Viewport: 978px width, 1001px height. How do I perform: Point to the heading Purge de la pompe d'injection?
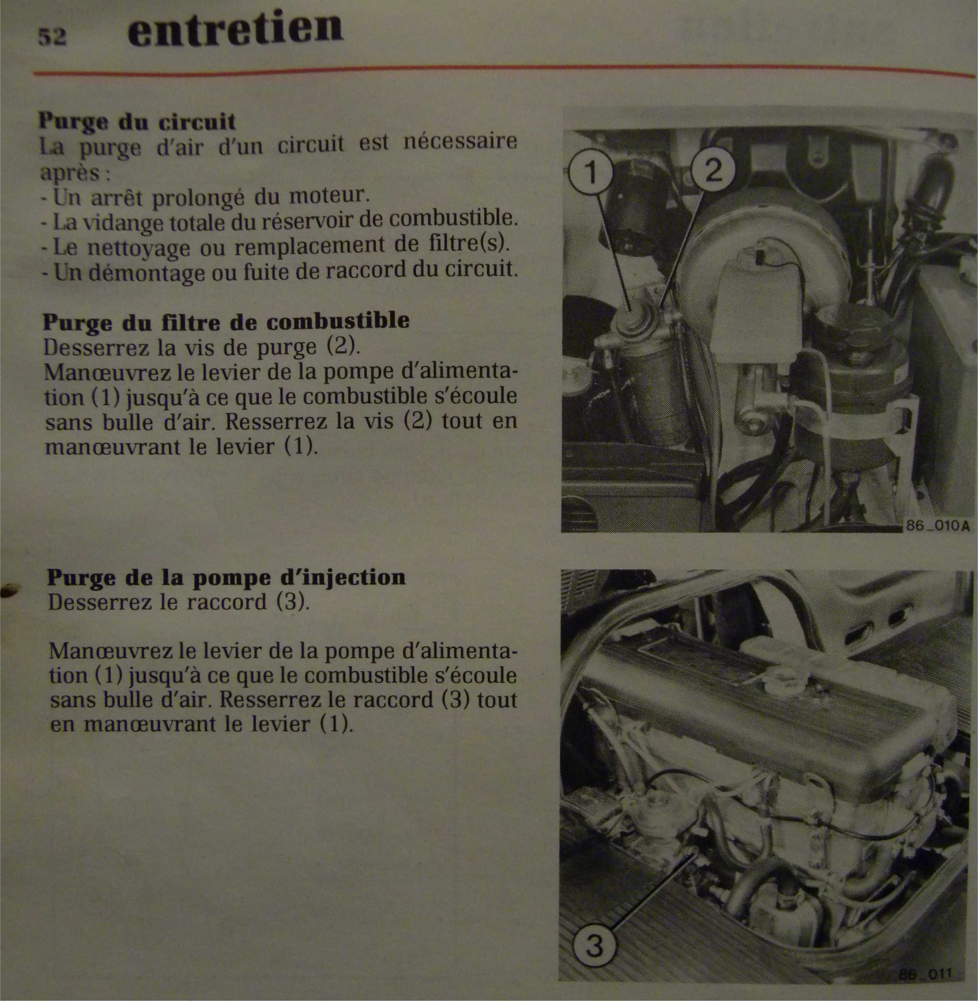point(226,578)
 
